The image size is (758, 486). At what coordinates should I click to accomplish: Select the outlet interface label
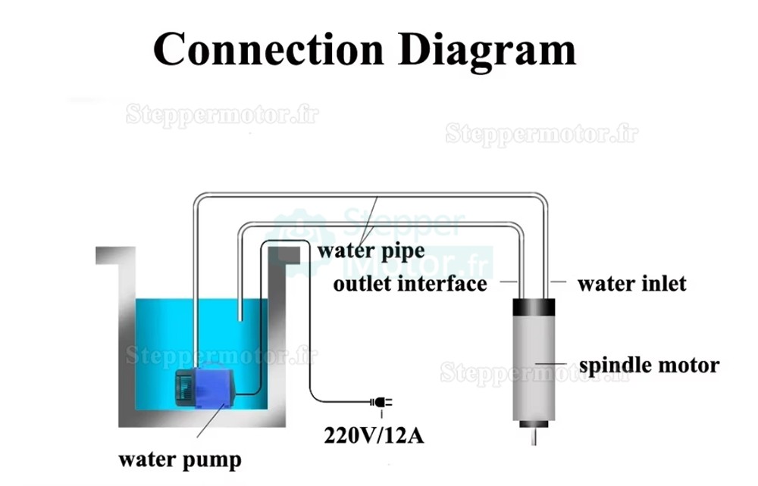410,284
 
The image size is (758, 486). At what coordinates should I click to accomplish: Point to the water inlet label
631,284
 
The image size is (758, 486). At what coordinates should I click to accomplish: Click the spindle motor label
649,366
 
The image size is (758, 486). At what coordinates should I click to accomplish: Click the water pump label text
180,459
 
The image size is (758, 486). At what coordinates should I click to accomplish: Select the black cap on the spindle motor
534,308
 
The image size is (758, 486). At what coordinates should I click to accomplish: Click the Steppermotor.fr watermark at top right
541,134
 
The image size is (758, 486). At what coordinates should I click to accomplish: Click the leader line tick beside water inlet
559,282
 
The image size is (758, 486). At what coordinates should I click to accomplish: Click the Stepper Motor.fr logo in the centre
387,242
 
